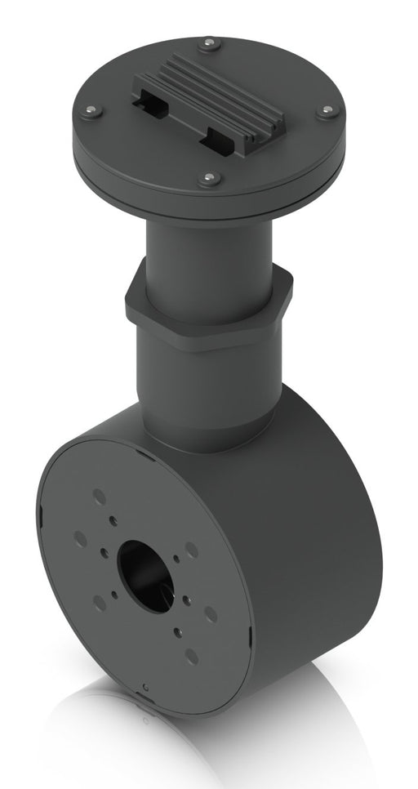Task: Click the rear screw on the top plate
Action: (x=211, y=41)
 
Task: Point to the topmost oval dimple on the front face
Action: (x=99, y=497)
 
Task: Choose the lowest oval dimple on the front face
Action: (x=190, y=656)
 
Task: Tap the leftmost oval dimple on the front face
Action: (x=80, y=538)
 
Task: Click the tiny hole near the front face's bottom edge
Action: (x=144, y=684)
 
